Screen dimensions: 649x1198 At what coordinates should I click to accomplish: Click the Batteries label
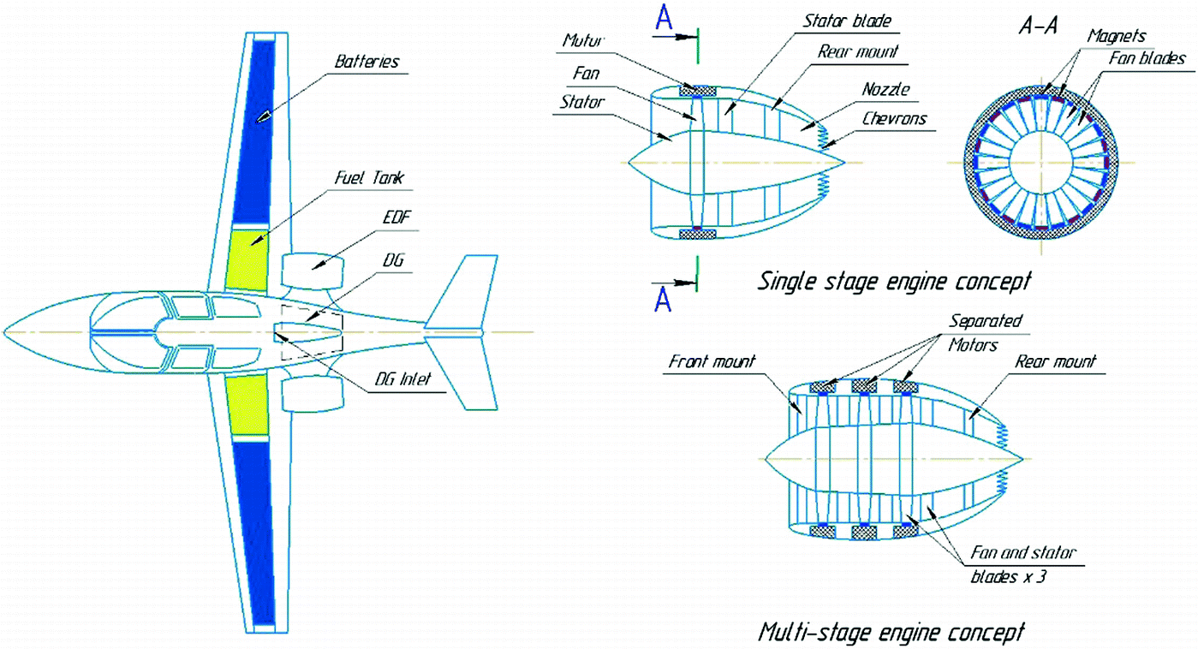[x=367, y=62]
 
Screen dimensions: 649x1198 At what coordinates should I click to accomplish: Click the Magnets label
[x=1116, y=36]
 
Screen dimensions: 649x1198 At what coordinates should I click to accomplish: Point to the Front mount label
[x=712, y=362]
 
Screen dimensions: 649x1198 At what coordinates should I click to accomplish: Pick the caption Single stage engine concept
[x=893, y=281]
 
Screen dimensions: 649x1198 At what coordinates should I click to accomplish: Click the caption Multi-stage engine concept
[x=891, y=633]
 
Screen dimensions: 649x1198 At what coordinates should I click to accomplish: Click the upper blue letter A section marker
[x=663, y=18]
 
